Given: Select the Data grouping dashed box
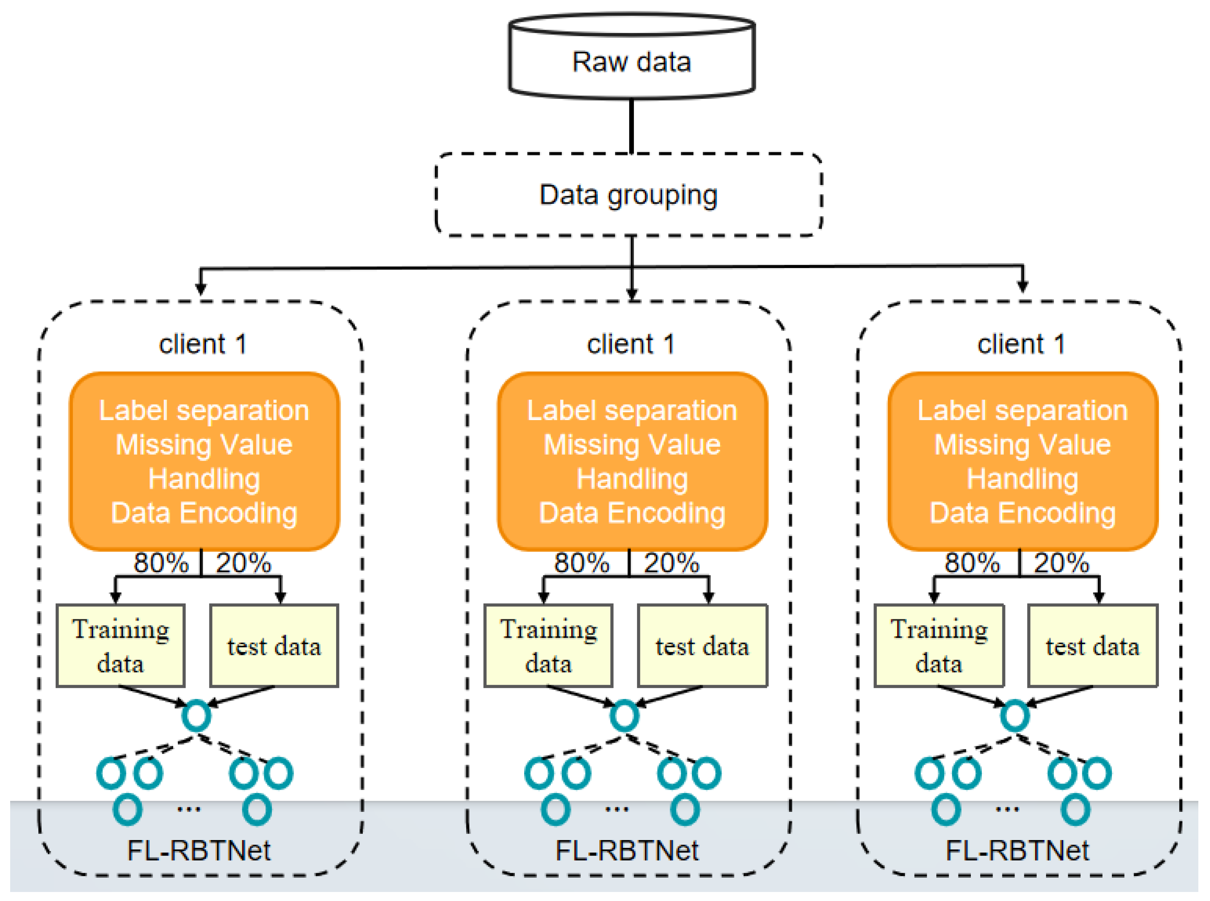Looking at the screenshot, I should tap(628, 195).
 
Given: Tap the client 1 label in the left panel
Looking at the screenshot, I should tap(203, 344).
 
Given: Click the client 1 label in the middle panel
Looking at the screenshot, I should tap(631, 344).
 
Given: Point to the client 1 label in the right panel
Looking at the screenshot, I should tap(1021, 344).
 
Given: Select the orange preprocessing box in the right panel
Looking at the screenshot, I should tap(1022, 461).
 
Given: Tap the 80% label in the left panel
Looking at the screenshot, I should tap(161, 563).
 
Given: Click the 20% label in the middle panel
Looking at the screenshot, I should tap(671, 563).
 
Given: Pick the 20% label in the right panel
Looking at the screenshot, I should tap(1061, 563).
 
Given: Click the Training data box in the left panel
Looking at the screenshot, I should tap(120, 645).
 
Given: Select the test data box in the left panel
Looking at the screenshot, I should tap(274, 645).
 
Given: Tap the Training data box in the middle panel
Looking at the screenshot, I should tap(549, 645).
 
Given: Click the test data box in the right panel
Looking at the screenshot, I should tap(1092, 645).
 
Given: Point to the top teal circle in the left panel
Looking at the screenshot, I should tap(196, 716).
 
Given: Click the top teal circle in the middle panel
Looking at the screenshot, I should tap(624, 716).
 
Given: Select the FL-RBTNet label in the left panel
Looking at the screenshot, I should tap(199, 850).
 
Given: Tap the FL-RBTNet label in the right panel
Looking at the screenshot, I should tap(1017, 850).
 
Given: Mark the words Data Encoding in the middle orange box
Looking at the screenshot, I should tap(632, 513).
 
